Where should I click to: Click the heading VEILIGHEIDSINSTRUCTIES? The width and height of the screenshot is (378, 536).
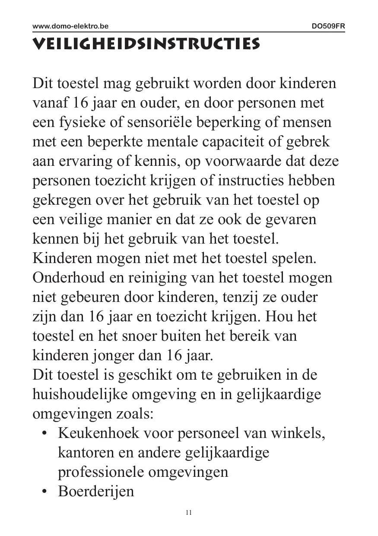tap(146, 44)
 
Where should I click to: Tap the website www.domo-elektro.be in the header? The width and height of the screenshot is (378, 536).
tap(70, 26)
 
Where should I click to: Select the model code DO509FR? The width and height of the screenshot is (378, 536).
tap(328, 26)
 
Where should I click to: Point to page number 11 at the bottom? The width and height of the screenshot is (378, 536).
tap(189, 513)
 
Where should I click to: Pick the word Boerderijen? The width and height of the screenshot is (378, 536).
tap(96, 492)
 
